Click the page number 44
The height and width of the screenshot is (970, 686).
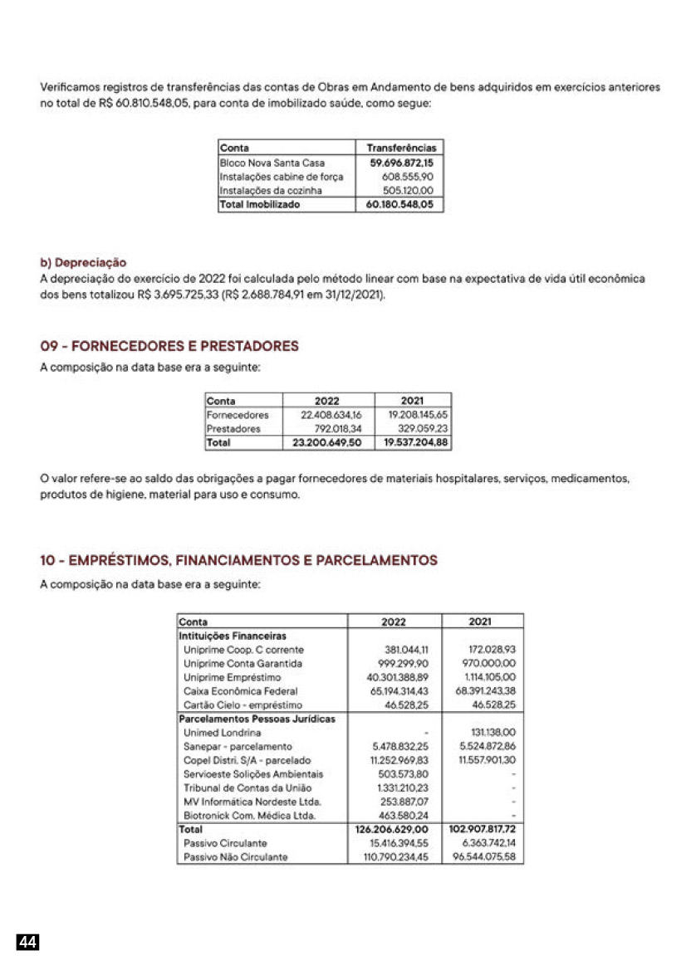coord(28,942)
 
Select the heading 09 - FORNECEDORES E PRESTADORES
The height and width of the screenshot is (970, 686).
coord(169,345)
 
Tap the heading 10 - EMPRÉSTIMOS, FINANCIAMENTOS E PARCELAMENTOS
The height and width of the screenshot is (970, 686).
coord(239,561)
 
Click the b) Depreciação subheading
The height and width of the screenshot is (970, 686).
coord(83,263)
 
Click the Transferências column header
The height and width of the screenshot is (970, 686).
coord(401,148)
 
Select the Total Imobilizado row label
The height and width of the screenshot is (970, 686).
coord(260,204)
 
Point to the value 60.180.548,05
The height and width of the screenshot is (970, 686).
coord(400,204)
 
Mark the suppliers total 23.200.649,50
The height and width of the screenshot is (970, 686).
coord(327,443)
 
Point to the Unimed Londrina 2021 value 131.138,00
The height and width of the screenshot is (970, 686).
coord(492,733)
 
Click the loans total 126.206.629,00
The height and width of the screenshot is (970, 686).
coord(391,829)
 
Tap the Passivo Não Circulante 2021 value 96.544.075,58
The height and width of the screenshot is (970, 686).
coord(484,857)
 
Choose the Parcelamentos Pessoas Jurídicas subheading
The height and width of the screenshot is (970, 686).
coord(257,719)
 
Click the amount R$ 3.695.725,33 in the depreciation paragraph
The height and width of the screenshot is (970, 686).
coord(175,294)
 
